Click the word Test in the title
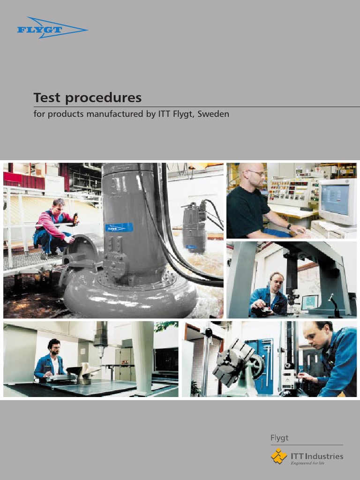click(x=49, y=98)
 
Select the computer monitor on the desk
click(x=337, y=201)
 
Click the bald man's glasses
click(x=256, y=173)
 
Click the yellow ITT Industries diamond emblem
click(x=279, y=456)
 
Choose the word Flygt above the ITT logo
click(x=279, y=438)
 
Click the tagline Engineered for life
click(x=307, y=463)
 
